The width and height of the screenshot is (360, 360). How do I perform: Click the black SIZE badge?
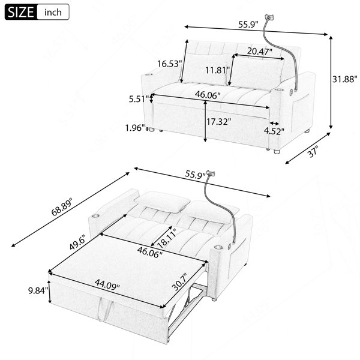[x=20, y=12]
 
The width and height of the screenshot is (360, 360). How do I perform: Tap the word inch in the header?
[x=53, y=12]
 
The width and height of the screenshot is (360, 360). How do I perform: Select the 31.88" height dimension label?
[x=345, y=79]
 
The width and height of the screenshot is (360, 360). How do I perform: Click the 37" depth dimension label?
[x=313, y=152]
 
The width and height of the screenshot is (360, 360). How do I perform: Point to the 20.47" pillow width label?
[x=259, y=51]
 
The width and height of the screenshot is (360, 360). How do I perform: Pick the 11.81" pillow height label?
[x=217, y=70]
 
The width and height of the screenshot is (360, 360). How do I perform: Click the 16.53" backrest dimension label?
[x=169, y=64]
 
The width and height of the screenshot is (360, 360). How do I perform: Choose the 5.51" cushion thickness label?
[x=139, y=99]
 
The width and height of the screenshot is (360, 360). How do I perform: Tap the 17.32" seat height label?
[x=218, y=121]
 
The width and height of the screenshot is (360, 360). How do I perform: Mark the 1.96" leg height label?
[x=135, y=128]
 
